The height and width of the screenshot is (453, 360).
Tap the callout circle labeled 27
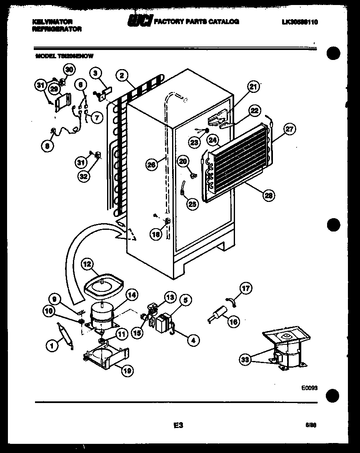(x=289, y=130)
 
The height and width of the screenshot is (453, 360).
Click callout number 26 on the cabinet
(x=152, y=164)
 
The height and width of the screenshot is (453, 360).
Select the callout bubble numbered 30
(x=69, y=70)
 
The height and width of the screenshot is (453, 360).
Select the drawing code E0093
(x=310, y=387)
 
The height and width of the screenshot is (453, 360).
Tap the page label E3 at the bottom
(x=178, y=426)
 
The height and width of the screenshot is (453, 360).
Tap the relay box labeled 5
(x=164, y=322)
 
